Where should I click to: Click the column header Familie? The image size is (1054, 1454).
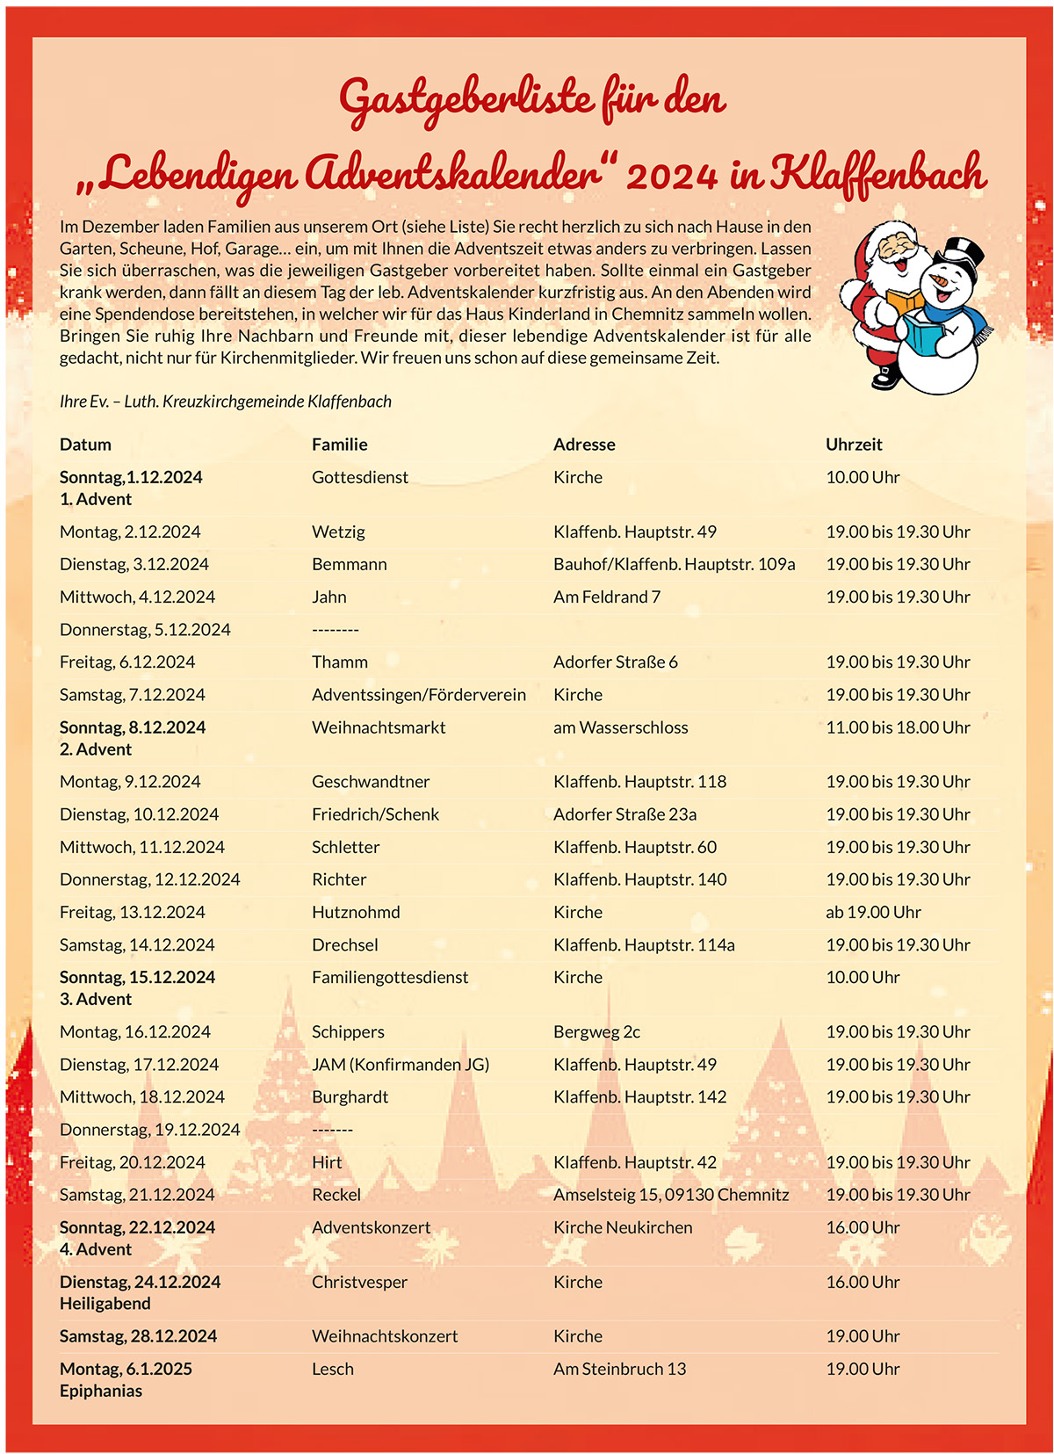(x=339, y=445)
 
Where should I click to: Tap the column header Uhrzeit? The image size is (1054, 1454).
(x=854, y=445)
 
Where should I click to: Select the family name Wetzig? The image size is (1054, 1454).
(x=338, y=532)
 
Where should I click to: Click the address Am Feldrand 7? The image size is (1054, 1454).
(x=606, y=597)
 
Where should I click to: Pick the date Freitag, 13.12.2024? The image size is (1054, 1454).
(x=132, y=912)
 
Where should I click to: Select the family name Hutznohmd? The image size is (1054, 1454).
(x=356, y=912)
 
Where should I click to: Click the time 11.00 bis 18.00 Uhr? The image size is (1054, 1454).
(x=898, y=727)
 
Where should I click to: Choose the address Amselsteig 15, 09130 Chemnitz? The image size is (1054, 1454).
(x=671, y=1195)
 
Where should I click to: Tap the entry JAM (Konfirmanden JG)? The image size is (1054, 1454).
(x=401, y=1065)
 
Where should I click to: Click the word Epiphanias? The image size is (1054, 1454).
(x=101, y=1391)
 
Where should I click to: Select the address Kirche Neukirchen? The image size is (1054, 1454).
(x=623, y=1227)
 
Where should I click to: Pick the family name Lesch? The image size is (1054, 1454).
(x=333, y=1369)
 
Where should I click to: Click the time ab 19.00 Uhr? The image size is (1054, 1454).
(x=873, y=912)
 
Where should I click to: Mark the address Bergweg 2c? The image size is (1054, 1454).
(x=596, y=1032)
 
